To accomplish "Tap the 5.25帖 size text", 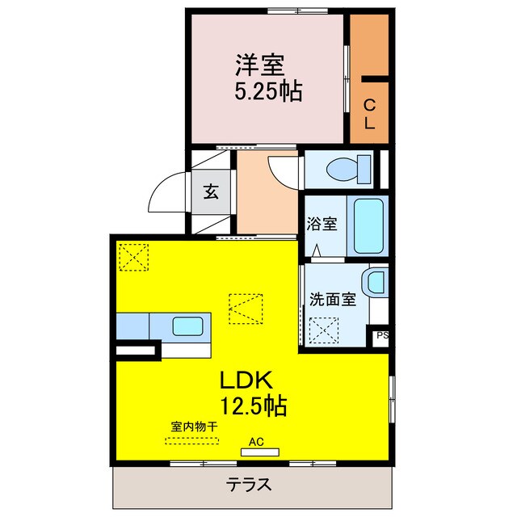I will point(269,91).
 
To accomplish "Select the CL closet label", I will point(368,114).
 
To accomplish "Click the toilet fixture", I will point(345,169).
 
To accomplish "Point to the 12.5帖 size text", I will point(252,406).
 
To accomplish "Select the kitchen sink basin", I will point(188,326).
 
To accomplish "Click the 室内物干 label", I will point(191,425).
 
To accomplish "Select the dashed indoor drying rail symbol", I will point(191,441).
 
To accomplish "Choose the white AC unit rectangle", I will point(258,452).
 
